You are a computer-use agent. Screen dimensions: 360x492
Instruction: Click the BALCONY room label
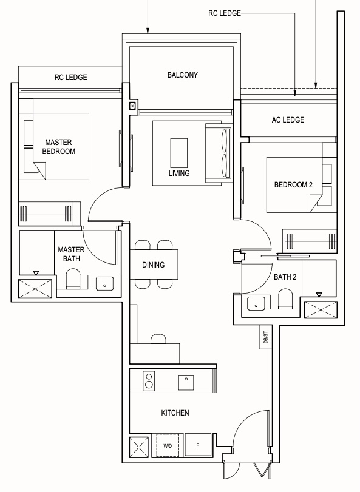tap(182, 75)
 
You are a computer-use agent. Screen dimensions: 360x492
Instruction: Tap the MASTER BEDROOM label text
tap(59, 147)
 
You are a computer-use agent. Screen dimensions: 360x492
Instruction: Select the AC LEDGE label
tap(288, 120)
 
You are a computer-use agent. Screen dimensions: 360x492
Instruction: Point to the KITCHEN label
tap(175, 413)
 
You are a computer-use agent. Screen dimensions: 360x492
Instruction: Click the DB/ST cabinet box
tap(265, 337)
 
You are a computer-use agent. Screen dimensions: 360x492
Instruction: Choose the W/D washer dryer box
tap(168, 445)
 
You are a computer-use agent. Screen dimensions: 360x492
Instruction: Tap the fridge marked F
tap(198, 445)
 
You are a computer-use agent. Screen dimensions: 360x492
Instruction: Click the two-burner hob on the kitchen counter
tap(149, 381)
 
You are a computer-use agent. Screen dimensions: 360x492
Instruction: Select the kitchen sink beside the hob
tap(186, 382)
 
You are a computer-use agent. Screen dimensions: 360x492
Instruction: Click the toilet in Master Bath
tap(73, 278)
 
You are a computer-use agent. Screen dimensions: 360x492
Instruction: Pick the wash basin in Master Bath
tap(104, 284)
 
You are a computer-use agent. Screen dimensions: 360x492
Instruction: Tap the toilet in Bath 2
tap(285, 298)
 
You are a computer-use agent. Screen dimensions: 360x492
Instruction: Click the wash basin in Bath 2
tap(256, 304)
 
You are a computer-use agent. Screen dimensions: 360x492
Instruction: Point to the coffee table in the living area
tap(179, 153)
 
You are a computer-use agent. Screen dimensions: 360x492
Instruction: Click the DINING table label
tap(153, 265)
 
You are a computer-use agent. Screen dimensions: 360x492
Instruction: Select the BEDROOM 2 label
tap(293, 185)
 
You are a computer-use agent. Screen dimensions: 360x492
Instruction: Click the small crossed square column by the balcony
tap(133, 106)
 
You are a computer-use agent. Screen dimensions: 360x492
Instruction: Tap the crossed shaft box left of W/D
tap(139, 447)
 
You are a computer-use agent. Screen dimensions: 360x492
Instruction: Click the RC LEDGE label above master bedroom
tap(70, 77)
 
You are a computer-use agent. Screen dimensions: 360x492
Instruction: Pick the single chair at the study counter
tap(158, 339)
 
